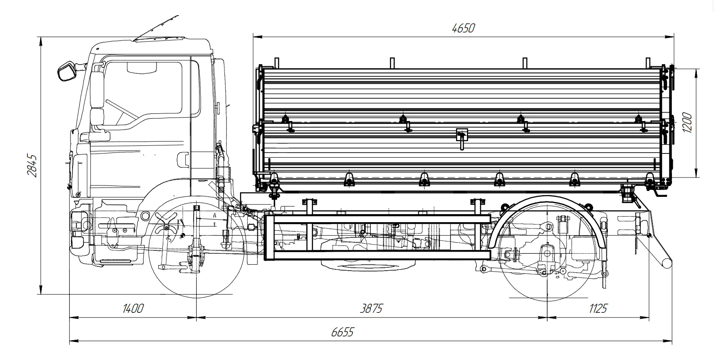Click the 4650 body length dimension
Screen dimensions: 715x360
tap(463, 28)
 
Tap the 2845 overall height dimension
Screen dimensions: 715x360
tap(32, 166)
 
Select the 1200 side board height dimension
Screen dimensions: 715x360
tap(687, 123)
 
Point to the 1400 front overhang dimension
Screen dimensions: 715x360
tap(133, 309)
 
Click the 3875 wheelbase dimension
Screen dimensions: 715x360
tap(371, 309)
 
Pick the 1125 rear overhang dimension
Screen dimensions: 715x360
tap(598, 309)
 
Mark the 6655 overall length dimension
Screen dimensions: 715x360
tap(342, 332)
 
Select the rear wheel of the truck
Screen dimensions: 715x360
tap(547, 253)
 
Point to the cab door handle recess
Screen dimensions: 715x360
tap(183, 159)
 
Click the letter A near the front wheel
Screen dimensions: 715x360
tap(215, 216)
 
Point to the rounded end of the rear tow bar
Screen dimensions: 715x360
tap(666, 263)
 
